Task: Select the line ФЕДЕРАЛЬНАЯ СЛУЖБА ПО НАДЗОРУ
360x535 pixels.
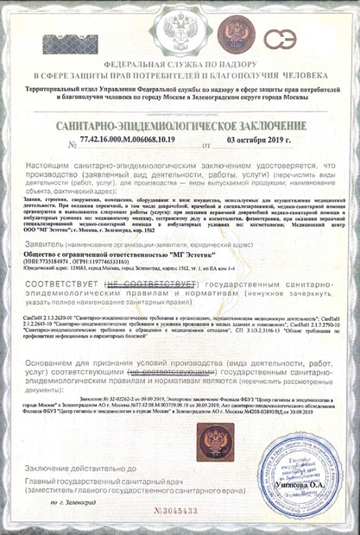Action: (x=179, y=66)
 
